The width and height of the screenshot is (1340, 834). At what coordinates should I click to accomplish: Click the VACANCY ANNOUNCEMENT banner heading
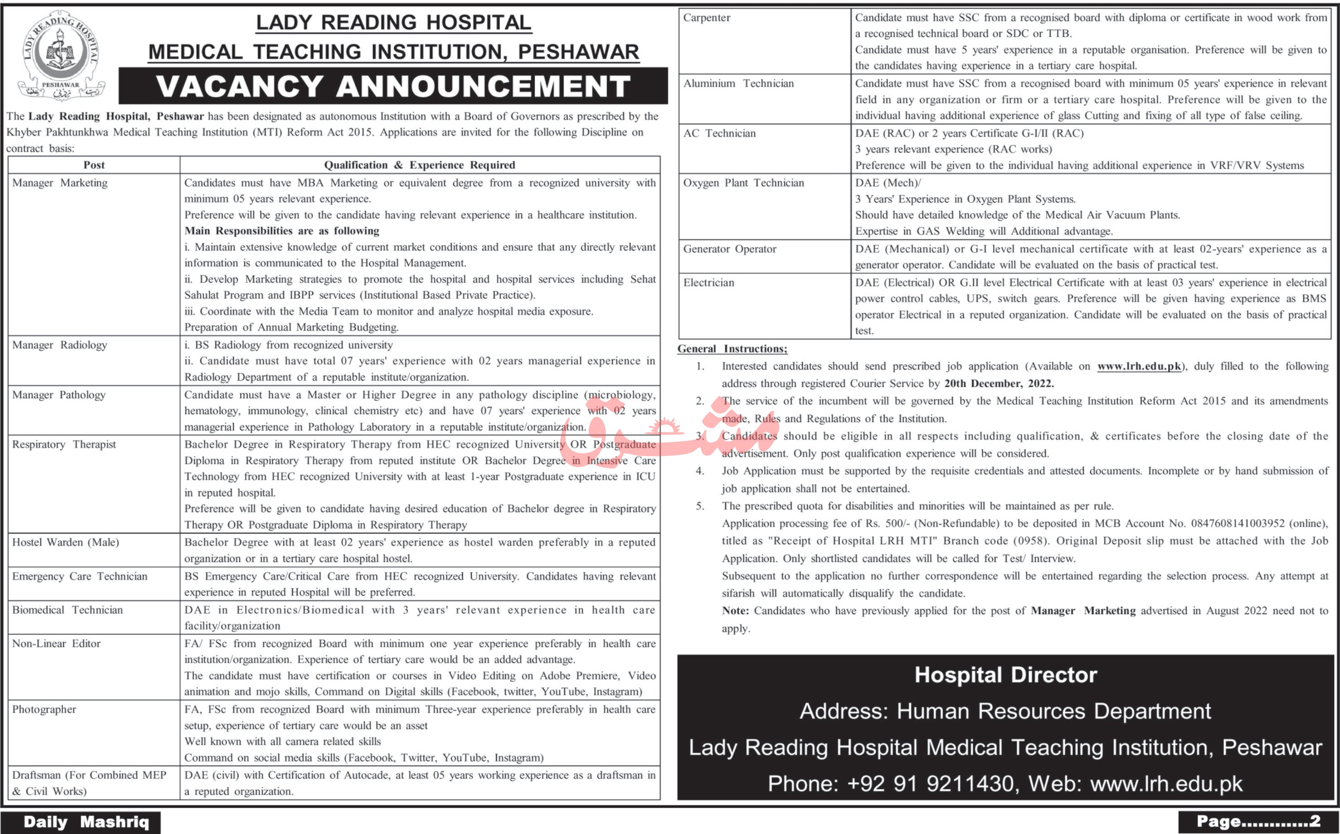[x=393, y=86]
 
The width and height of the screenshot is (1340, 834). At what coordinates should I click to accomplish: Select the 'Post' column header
[x=94, y=165]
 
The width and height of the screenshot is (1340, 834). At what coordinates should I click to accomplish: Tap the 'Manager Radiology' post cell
[x=59, y=345]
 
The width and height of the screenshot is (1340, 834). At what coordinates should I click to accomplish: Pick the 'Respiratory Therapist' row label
[x=64, y=445]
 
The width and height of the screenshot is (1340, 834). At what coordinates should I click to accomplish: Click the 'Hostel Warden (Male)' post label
[x=66, y=543]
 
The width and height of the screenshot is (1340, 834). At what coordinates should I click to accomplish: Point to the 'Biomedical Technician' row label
[x=67, y=610]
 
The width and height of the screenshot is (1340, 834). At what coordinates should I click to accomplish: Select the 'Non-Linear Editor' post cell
[x=56, y=644]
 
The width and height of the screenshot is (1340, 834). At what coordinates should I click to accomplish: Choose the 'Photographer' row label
[x=44, y=710]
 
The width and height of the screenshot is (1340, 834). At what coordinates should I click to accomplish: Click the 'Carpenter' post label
[x=707, y=18]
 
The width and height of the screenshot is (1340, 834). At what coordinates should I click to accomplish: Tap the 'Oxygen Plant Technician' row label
[x=743, y=183]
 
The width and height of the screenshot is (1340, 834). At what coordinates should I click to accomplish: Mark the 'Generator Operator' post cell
[x=730, y=249]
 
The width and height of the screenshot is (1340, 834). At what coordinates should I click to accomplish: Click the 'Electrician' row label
[x=709, y=283]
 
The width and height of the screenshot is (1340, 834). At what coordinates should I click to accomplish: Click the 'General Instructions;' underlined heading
[x=732, y=349]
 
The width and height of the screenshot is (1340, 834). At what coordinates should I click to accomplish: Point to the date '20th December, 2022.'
[x=999, y=383]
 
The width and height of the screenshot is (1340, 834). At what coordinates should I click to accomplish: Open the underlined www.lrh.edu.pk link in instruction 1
[x=1139, y=366]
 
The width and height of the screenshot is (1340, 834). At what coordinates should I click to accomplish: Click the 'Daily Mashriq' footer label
[x=86, y=822]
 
